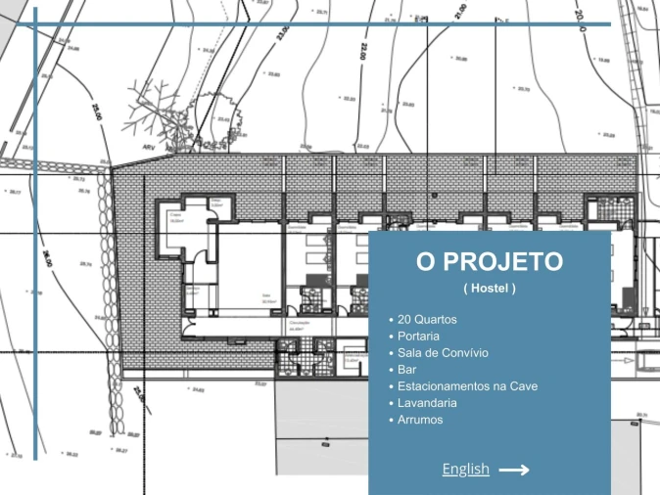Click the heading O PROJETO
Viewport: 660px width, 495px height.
tap(489, 262)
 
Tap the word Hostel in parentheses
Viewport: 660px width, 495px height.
tap(490, 289)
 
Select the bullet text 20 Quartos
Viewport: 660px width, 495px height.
tap(427, 319)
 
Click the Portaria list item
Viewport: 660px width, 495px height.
tap(420, 336)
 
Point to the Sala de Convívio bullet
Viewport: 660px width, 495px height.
tap(443, 352)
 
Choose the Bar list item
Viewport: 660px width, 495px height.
tap(407, 370)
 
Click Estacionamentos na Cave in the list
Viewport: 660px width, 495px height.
tap(467, 386)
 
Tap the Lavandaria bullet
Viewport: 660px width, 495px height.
tap(428, 403)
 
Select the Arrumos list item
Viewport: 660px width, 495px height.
tap(420, 420)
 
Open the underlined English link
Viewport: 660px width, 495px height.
tap(465, 470)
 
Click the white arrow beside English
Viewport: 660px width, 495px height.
tap(514, 470)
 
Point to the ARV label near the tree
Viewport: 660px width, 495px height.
tap(149, 148)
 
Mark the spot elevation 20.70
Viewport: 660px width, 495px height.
tap(522, 90)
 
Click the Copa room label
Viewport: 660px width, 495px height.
tap(176, 218)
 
